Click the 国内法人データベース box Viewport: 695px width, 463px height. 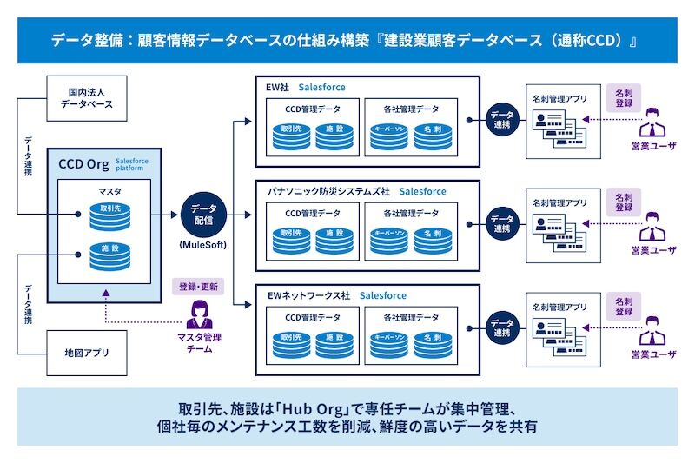coord(87,97)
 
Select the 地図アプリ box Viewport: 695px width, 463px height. coord(87,354)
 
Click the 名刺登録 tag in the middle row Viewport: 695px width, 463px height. coord(624,202)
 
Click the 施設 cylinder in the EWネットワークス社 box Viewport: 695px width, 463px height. coord(335,341)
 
